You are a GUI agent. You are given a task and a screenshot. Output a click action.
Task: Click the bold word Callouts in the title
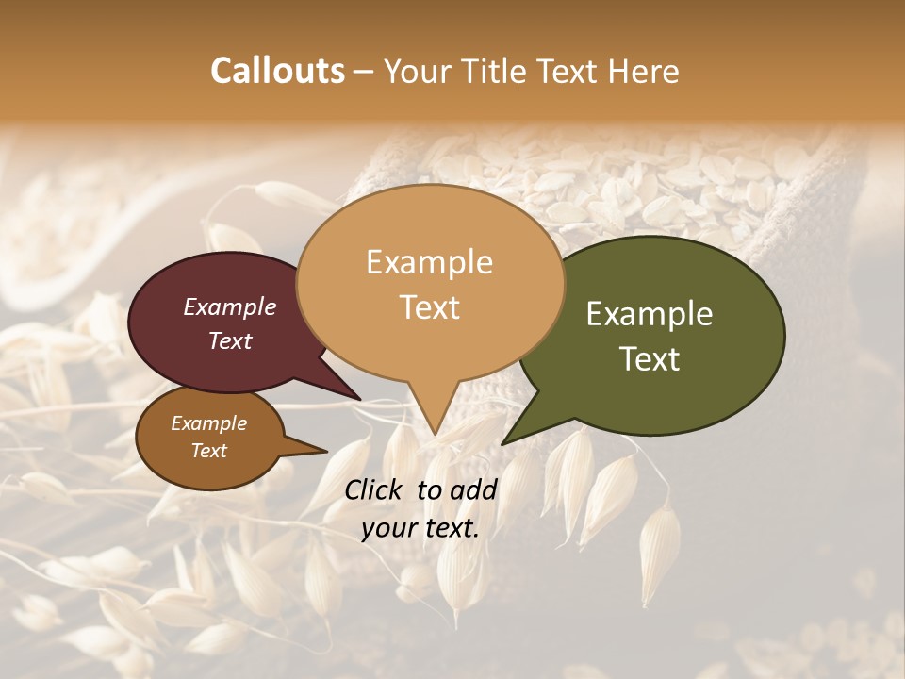click(277, 71)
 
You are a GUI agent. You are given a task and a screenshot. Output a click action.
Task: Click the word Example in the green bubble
click(649, 314)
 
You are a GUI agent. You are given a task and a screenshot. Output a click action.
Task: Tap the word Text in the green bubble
click(650, 358)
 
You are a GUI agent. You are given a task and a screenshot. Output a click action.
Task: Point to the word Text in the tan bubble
click(430, 306)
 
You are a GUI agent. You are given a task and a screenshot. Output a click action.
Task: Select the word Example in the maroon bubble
click(229, 306)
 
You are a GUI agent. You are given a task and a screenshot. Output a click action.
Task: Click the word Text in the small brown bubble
click(209, 451)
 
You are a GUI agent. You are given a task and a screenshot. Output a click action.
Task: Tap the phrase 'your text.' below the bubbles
click(420, 528)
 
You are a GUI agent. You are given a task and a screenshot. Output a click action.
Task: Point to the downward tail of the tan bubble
click(433, 420)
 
